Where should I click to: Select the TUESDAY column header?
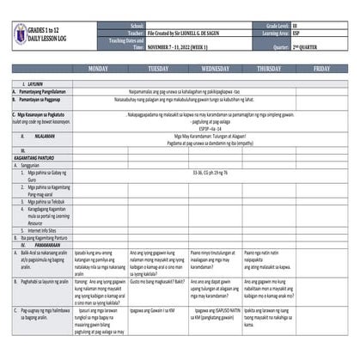coord(158,67)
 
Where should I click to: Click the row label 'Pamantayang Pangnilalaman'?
coord(40,89)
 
